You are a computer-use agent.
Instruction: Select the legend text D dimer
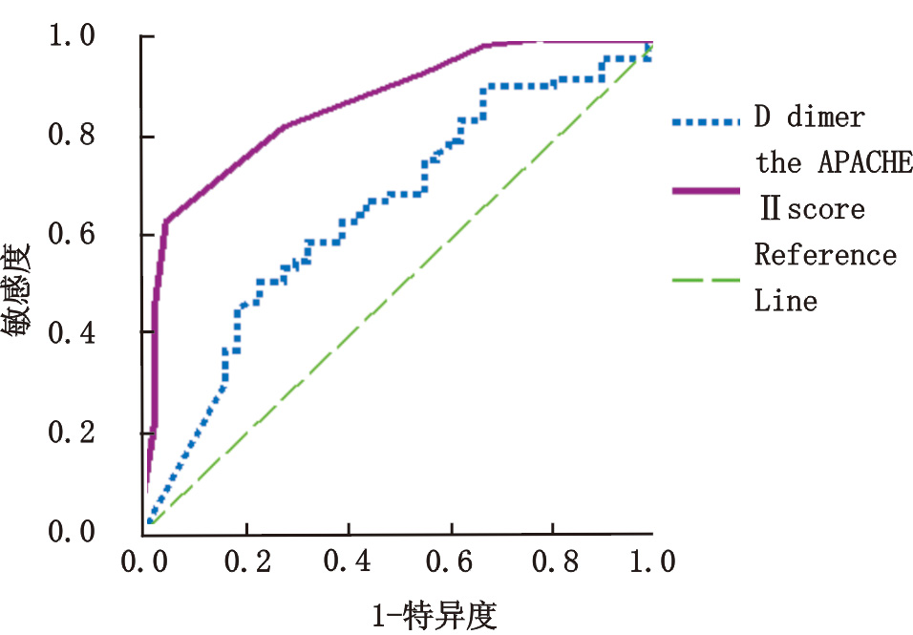810,118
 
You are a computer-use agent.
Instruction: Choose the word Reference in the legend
825,256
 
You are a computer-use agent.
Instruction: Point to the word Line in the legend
786,302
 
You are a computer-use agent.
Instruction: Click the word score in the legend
826,209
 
